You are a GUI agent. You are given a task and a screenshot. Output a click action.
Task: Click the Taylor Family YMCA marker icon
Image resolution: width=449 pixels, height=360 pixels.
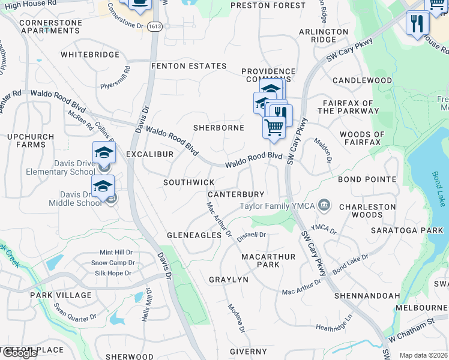pos(324,206)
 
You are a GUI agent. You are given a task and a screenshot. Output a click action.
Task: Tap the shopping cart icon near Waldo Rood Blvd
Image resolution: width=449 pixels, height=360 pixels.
pos(274,127)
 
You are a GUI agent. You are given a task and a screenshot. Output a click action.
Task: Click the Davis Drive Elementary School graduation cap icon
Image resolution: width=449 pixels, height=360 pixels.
pos(104,152)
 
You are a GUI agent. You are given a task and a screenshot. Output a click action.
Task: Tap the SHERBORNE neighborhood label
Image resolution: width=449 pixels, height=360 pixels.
pos(218,128)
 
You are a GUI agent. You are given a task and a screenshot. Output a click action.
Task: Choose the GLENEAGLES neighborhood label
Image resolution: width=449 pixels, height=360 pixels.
pos(194,235)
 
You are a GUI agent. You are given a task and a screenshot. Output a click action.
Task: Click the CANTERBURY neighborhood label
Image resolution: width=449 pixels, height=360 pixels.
pos(236,194)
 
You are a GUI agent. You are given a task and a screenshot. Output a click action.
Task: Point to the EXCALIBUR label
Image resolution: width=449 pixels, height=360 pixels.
pos(149,154)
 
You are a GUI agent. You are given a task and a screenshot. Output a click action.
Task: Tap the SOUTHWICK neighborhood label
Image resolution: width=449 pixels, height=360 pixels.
pos(189,182)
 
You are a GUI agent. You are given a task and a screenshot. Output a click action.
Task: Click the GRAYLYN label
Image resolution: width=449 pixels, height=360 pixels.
pos(228,280)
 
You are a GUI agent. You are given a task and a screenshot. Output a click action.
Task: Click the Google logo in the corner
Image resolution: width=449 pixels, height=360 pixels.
pos(19,353)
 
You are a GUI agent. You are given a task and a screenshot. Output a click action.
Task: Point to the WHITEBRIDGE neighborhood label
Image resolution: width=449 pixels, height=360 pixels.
pos(89,55)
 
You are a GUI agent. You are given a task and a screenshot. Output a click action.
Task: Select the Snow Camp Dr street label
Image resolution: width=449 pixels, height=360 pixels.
pos(113,263)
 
